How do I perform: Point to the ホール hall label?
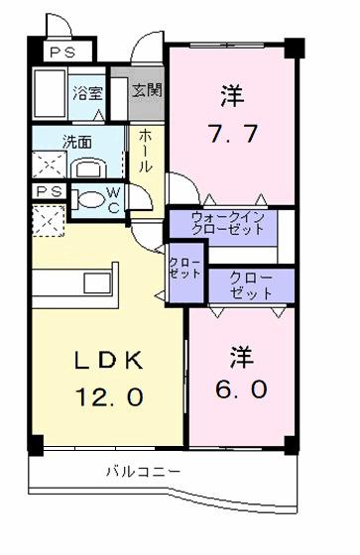coord(145,150)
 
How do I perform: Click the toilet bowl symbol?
coord(90,197)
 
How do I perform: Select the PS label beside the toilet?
coord(47,191)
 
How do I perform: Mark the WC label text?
coord(113,197)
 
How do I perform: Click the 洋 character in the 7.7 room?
coord(231,96)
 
